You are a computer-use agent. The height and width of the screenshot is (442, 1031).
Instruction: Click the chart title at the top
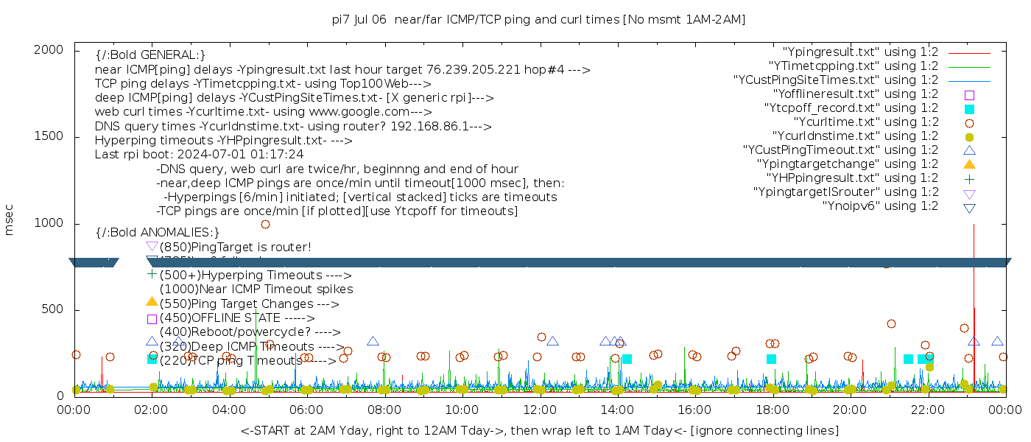(x=538, y=20)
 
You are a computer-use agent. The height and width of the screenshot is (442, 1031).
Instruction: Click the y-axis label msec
(x=10, y=222)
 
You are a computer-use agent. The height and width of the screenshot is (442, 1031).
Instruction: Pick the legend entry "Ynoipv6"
(x=880, y=206)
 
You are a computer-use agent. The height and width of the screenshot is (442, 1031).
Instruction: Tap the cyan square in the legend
(x=969, y=109)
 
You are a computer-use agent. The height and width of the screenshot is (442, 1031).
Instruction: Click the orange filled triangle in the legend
(x=969, y=164)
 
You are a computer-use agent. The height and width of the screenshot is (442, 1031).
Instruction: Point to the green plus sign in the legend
(x=969, y=178)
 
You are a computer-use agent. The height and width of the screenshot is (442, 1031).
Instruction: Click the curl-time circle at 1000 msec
(x=265, y=224)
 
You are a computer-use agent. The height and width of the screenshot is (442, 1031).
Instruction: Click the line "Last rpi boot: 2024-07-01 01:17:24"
(x=199, y=155)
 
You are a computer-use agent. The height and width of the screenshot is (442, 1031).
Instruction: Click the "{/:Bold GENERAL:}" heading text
(x=150, y=55)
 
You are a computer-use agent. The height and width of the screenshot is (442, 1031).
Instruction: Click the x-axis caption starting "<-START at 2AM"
(x=539, y=430)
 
